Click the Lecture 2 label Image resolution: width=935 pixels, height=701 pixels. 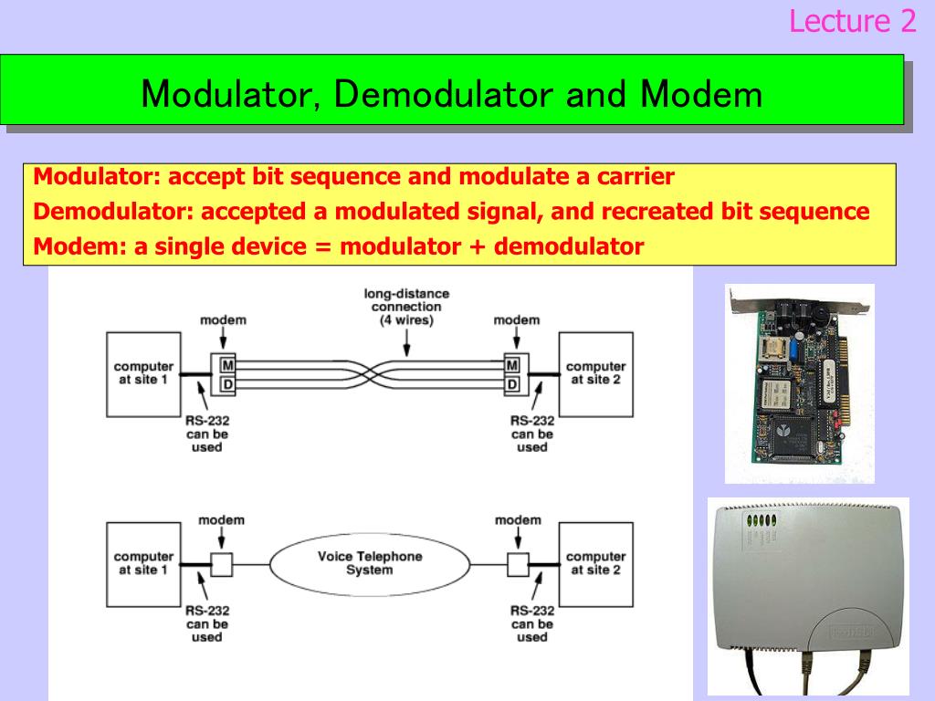tap(852, 20)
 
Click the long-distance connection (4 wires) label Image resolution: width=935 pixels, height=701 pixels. tap(406, 307)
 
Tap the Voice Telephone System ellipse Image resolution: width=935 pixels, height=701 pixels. tap(369, 563)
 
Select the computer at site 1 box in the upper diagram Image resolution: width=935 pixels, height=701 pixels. tap(143, 374)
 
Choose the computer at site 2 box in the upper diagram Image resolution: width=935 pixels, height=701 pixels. tap(595, 374)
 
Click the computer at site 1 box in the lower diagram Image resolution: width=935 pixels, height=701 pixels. tap(143, 564)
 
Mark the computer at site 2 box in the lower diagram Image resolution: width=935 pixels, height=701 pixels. tap(595, 564)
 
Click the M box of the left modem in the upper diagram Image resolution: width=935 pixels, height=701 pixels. tap(224, 366)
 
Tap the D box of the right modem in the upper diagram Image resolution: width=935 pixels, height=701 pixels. tap(512, 384)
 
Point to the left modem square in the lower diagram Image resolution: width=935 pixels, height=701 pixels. tap(222, 564)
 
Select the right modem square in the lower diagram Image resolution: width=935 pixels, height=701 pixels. tap(518, 564)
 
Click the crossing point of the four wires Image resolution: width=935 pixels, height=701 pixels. tap(369, 374)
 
